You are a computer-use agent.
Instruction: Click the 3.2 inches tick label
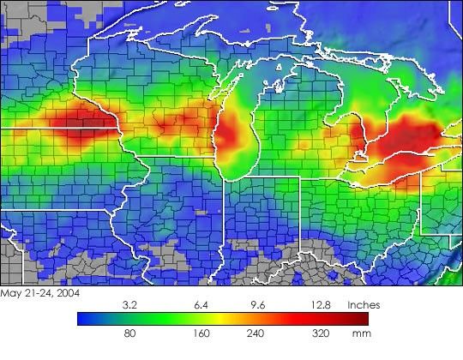[131, 304]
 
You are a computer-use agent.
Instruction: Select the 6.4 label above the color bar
[203, 304]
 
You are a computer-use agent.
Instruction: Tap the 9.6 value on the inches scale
[257, 304]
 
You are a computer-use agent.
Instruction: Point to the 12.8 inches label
[316, 304]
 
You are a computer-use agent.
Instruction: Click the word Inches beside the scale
[363, 304]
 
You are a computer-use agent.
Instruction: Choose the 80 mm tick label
[131, 334]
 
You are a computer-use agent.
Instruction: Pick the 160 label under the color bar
[203, 334]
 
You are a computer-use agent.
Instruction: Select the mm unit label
[361, 334]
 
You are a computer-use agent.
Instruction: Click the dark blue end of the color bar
[82, 319]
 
